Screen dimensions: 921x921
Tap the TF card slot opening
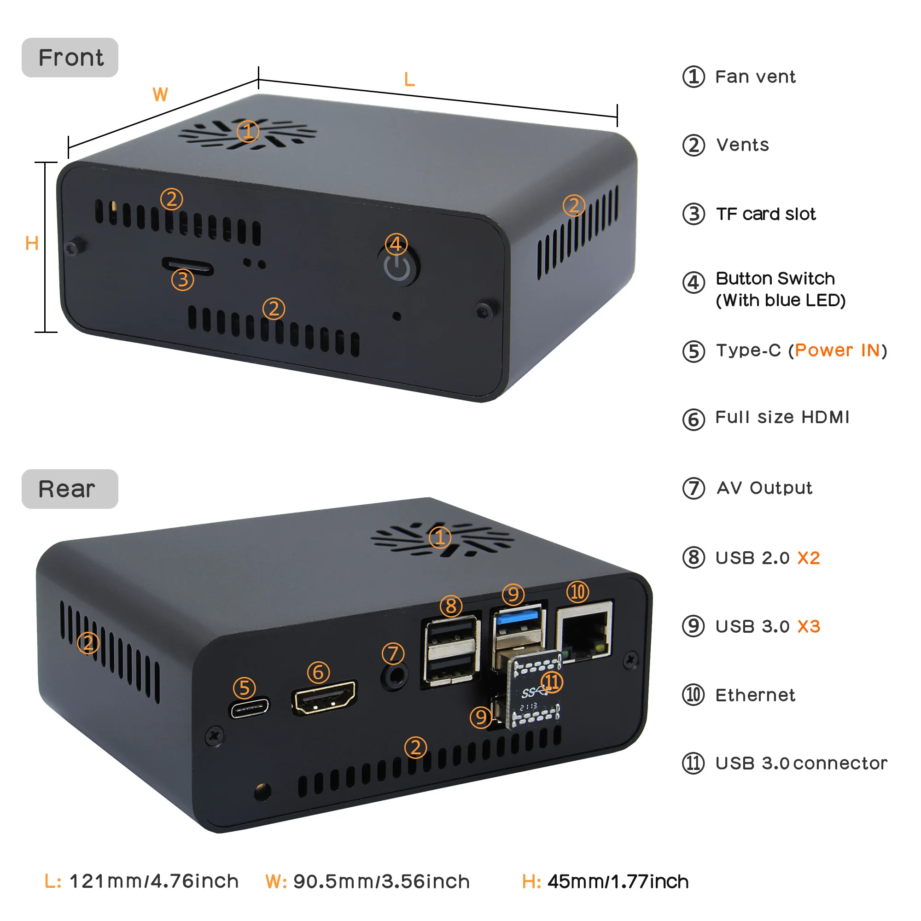point(188,266)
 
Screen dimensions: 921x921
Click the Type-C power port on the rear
point(250,708)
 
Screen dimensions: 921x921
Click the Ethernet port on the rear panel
point(584,630)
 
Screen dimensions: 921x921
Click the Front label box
point(70,58)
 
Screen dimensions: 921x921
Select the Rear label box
point(70,489)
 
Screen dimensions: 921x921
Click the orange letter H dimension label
point(32,244)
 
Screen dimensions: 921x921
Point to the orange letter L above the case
point(409,80)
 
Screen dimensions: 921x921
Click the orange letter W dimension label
point(160,94)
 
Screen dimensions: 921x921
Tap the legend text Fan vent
point(755,77)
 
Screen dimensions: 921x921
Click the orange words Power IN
point(838,350)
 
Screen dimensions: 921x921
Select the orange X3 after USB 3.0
point(809,626)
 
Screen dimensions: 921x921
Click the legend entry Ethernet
point(755,695)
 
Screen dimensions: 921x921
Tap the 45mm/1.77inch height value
point(618,882)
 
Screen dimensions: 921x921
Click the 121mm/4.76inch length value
point(154,881)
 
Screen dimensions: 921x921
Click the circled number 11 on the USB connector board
point(552,682)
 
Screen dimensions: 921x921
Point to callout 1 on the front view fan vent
point(248,132)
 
